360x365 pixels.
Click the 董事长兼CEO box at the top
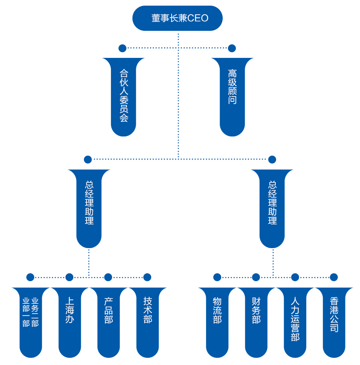coord(178,18)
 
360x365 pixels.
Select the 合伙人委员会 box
coord(124,96)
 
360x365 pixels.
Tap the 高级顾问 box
coord(232,96)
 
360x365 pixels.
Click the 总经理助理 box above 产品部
coord(89,207)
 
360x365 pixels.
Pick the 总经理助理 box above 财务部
coord(272,207)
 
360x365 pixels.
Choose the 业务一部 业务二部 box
coord(30,320)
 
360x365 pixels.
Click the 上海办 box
coord(70,320)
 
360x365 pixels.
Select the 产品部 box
coord(108,320)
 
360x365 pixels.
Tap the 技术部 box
coord(147,320)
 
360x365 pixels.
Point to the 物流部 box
coord(217,320)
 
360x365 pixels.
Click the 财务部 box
coord(256,320)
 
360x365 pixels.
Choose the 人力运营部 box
coord(295,320)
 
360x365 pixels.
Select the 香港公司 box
coord(334,320)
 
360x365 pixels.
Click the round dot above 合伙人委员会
coord(122,48)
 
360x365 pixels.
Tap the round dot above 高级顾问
coord(232,48)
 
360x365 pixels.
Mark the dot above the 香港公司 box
coord(334,277)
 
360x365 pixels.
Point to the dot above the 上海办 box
coord(69,277)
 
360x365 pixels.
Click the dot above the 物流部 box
coord(217,277)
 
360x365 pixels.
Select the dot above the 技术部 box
coord(147,277)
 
